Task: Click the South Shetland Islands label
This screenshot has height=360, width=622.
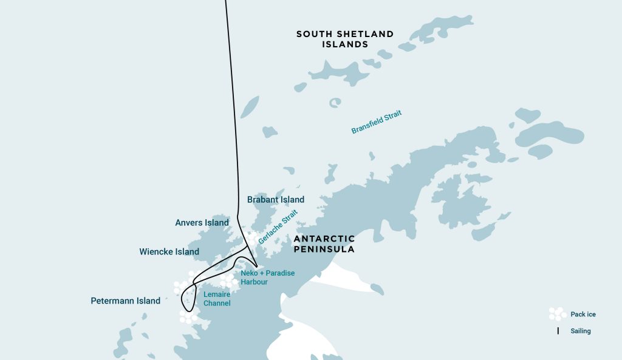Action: click(344, 39)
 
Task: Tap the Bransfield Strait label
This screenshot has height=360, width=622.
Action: click(377, 122)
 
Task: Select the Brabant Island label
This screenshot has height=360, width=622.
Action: click(276, 200)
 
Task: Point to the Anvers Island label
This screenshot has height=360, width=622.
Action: click(202, 223)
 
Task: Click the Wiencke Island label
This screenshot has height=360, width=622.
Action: click(169, 252)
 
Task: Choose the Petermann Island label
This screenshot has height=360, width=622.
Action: click(125, 301)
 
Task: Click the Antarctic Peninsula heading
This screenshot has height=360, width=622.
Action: click(324, 244)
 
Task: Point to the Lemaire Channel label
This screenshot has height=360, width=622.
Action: click(217, 298)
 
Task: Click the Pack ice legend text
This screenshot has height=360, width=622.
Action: click(583, 314)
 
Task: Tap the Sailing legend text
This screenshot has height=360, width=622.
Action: click(580, 331)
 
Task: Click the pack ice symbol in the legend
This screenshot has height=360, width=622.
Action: click(556, 314)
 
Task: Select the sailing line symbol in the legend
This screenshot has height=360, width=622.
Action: click(558, 331)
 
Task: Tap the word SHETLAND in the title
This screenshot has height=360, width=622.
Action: click(363, 34)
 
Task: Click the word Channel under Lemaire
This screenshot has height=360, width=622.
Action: click(217, 303)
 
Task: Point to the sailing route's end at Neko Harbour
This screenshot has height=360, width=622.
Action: click(257, 267)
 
